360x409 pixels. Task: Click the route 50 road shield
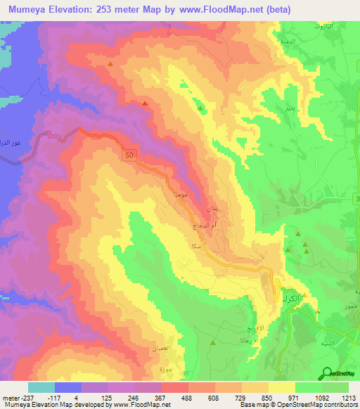point(127,155)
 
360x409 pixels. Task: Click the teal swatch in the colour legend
point(41,387)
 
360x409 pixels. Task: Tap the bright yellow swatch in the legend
point(282,387)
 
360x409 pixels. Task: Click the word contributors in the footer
point(341,405)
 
